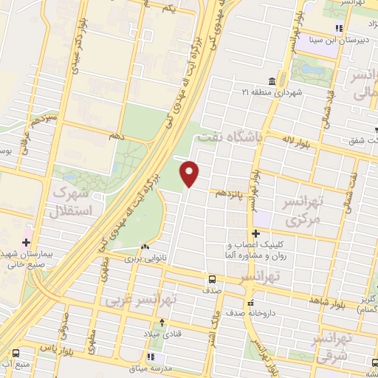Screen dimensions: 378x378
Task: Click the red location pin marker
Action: click(190, 174)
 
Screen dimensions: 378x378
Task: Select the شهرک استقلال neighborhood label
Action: click(72, 202)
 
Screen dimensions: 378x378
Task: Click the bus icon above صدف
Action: click(212, 280)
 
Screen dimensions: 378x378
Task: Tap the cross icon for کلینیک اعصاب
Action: click(255, 234)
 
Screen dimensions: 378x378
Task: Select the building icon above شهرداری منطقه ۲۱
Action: click(272, 80)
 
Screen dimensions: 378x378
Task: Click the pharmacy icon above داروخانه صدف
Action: click(251, 303)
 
